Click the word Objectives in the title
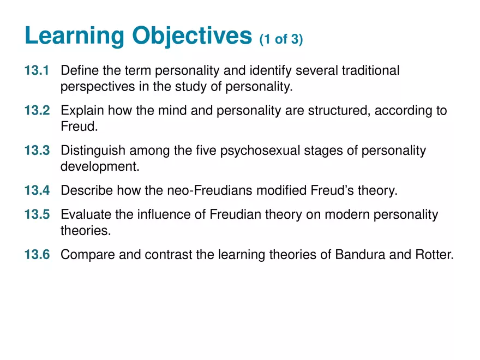pyautogui.click(x=192, y=37)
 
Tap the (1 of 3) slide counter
pyautogui.click(x=281, y=40)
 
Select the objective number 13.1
pyautogui.click(x=37, y=71)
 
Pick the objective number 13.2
pyautogui.click(x=37, y=111)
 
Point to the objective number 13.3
pyautogui.click(x=37, y=151)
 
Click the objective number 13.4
pyautogui.click(x=37, y=190)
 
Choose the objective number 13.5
pyautogui.click(x=37, y=215)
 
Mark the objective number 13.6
pyautogui.click(x=37, y=255)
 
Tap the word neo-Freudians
pyautogui.click(x=208, y=190)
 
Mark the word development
pyautogui.click(x=100, y=166)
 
